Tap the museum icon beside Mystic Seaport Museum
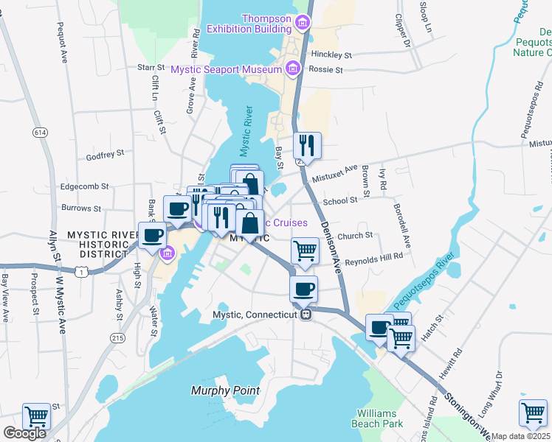(x=293, y=69)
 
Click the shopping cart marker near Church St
(x=304, y=250)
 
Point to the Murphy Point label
(x=225, y=390)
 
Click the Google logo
(x=24, y=433)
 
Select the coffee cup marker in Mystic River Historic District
(x=153, y=235)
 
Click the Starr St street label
(x=150, y=67)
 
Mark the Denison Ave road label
(x=331, y=247)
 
